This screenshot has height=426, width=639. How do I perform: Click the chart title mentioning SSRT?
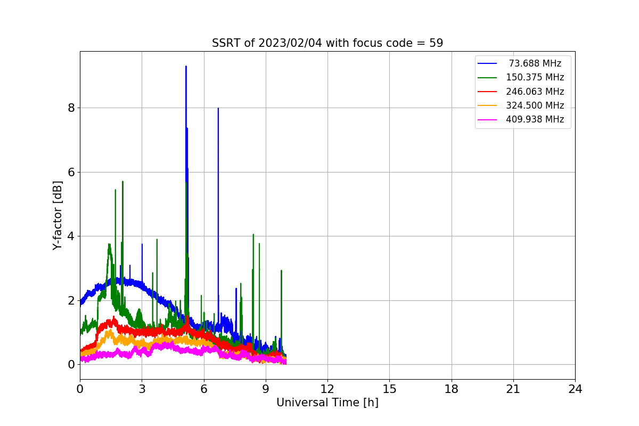pos(327,43)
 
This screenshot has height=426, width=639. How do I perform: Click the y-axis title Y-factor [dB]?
pos(58,215)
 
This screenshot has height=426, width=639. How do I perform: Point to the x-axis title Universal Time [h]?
pos(327,403)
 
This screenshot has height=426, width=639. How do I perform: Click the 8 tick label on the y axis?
pos(70,108)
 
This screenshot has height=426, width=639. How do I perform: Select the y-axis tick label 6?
pos(70,172)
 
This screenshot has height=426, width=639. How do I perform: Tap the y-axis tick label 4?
pos(70,236)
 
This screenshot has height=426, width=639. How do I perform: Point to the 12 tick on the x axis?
pos(327,389)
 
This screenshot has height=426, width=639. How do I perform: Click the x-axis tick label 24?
pos(575,389)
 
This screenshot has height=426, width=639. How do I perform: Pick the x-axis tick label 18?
pos(452,389)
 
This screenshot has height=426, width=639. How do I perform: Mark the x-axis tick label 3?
pos(142,389)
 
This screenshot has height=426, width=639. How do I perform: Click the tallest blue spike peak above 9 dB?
pos(186,67)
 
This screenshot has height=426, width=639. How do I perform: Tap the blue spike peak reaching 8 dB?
pos(218,109)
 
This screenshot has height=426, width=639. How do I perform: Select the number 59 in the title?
pos(436,43)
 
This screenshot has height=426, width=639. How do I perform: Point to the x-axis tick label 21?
pos(513,389)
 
